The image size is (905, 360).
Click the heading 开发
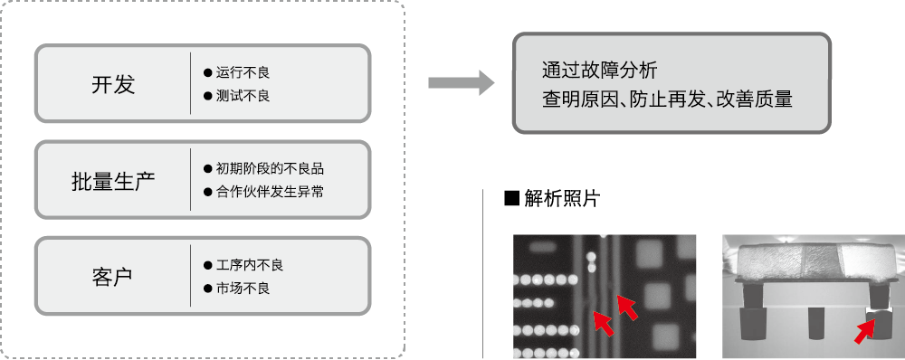(113, 84)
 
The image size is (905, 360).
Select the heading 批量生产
(113, 181)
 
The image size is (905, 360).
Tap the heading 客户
(112, 277)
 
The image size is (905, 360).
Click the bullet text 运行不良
(243, 72)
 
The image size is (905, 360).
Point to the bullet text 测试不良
(243, 96)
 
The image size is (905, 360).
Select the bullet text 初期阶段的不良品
(270, 168)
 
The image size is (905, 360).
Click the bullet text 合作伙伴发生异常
(270, 192)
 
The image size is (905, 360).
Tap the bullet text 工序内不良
(250, 265)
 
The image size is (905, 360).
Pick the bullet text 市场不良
(243, 288)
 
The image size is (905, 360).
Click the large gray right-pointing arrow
(462, 83)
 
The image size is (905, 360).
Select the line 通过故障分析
(599, 71)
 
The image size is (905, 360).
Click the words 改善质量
(755, 99)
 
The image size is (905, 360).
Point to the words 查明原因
(580, 99)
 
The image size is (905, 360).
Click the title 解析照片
(562, 198)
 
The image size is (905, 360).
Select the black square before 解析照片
(512, 198)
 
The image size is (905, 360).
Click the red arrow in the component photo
(863, 333)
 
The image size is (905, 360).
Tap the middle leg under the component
(816, 324)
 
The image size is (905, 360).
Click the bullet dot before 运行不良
(208, 72)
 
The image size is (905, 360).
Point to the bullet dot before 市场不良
(208, 288)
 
